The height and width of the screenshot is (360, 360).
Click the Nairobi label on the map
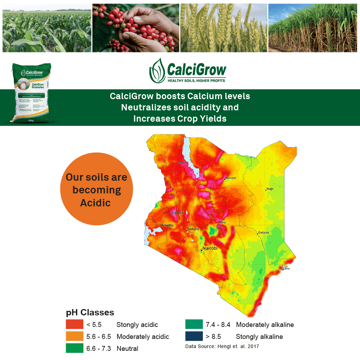[x=210, y=248]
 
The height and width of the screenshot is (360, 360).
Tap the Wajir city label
[x=270, y=189]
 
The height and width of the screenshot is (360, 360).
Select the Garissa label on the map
[x=263, y=232]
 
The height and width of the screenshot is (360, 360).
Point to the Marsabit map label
[x=231, y=178]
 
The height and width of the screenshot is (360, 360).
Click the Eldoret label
[x=177, y=213]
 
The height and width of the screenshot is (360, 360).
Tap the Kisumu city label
[x=167, y=225]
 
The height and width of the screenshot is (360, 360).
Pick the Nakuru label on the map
[x=193, y=229]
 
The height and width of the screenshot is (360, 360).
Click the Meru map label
[x=222, y=222]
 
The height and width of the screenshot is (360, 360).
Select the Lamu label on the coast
[x=287, y=269]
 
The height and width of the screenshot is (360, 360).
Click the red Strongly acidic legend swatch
[x=75, y=324]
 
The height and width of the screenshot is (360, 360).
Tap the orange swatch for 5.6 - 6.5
[x=75, y=336]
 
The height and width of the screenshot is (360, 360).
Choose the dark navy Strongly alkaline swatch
[x=194, y=336]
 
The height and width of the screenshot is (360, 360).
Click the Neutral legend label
[x=127, y=349]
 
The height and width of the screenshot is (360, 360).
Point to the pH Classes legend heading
[x=90, y=313]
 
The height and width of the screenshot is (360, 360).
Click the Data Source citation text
[x=222, y=347]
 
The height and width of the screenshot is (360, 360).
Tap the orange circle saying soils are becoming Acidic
[x=97, y=190]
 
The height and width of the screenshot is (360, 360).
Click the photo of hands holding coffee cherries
[x=136, y=28]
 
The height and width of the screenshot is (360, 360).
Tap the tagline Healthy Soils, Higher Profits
[x=196, y=81]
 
